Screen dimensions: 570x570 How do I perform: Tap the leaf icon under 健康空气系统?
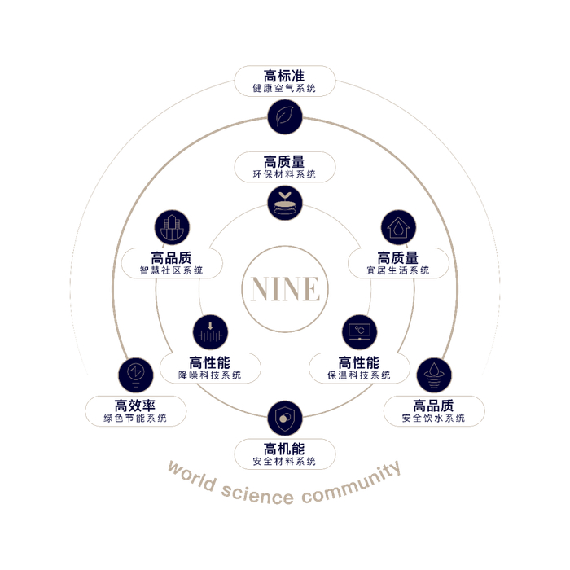coord(285,117)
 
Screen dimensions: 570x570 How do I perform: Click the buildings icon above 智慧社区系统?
coord(172,228)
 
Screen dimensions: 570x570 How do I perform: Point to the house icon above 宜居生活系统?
coord(399,228)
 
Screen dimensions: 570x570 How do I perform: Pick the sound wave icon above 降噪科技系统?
coord(211,333)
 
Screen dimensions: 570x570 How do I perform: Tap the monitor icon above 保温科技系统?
coord(359,333)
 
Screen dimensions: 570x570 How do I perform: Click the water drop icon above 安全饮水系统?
coord(434,375)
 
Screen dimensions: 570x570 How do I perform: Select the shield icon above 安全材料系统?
coord(285,419)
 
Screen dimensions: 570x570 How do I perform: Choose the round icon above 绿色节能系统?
coord(135,375)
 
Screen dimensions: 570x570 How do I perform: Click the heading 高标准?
coord(285,76)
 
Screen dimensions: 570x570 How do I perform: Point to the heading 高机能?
coord(285,449)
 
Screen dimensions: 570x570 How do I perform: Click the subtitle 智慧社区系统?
coord(172,270)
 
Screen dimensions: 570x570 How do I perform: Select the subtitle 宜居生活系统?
coord(398,270)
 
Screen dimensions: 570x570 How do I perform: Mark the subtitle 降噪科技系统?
coord(211,375)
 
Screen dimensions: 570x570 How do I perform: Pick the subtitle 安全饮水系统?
coord(434,419)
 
